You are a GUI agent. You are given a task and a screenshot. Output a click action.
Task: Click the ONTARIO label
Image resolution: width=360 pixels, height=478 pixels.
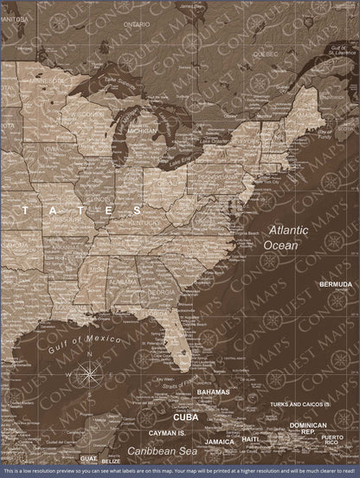[136, 24]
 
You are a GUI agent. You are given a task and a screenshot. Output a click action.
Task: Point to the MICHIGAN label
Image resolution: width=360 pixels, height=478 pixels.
[142, 131]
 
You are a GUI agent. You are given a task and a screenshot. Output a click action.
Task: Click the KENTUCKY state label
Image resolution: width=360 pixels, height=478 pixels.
[144, 223]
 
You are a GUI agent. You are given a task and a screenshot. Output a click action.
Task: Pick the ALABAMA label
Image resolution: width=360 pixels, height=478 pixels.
[122, 281]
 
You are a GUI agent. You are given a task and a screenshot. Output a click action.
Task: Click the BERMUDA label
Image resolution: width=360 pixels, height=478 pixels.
[335, 284]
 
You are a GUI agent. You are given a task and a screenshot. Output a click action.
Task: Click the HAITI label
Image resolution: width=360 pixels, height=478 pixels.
[250, 440]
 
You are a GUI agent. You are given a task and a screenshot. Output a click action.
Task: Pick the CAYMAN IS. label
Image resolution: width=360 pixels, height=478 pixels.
[155, 432]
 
